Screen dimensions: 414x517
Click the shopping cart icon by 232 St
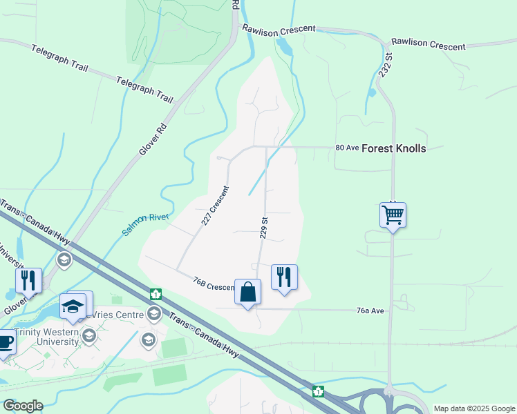393,215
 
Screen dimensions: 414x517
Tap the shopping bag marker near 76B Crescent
248,292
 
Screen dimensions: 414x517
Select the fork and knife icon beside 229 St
284,277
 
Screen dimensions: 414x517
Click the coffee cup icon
4,342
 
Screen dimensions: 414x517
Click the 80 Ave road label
346,148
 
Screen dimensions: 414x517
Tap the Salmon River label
147,224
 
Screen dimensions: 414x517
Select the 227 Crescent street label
215,206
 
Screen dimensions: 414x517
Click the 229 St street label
263,227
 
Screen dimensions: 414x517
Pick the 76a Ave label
370,311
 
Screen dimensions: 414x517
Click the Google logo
23,406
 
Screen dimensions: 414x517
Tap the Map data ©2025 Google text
473,408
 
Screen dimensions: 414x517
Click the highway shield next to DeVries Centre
156,294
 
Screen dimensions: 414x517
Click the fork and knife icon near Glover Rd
28,280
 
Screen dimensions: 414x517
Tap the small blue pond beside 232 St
372,92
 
